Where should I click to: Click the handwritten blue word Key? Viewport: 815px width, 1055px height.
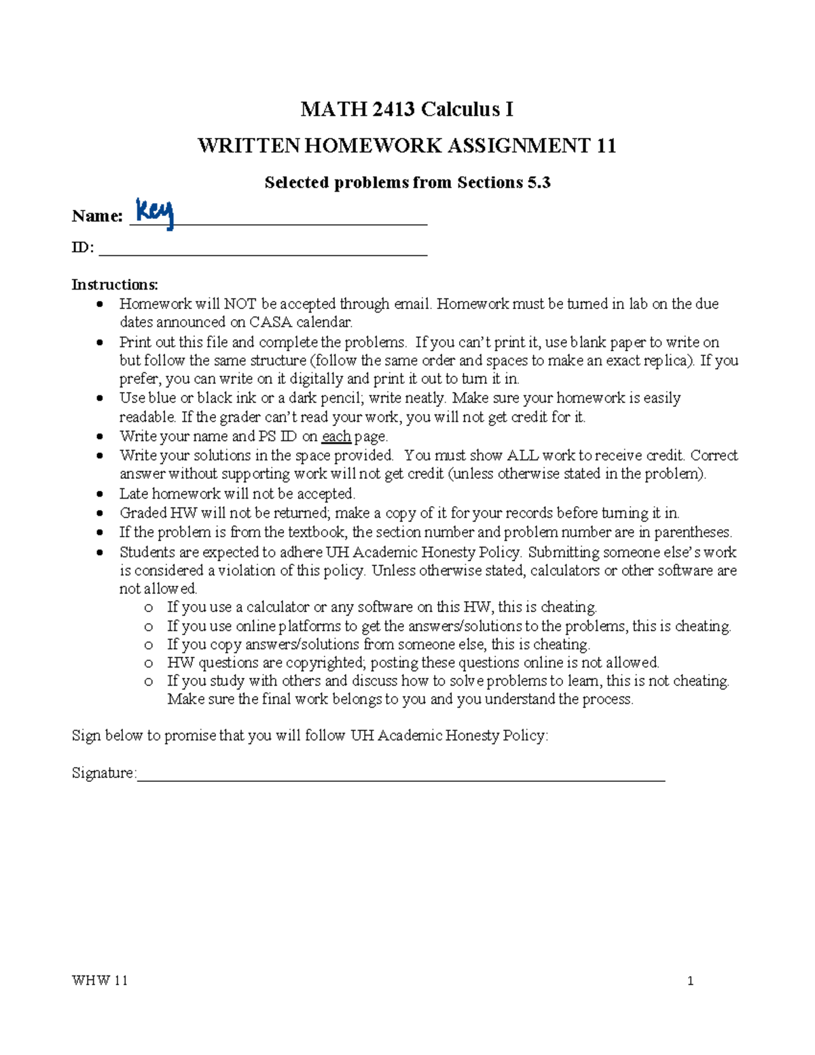click(x=155, y=213)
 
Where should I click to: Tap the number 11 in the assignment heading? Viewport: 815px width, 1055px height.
click(x=606, y=146)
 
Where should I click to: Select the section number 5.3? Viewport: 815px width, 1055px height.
click(x=537, y=183)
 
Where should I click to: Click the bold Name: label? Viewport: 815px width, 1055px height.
click(x=97, y=216)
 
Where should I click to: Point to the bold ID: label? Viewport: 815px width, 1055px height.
click(x=83, y=247)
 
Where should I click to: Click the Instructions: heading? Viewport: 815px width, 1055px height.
click(x=115, y=284)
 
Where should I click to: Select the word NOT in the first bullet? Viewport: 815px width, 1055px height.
click(x=240, y=304)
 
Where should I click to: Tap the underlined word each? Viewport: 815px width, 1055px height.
click(x=336, y=436)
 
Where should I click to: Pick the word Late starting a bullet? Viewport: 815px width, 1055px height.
click(x=134, y=494)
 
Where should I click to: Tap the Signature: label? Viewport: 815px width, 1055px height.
click(x=104, y=773)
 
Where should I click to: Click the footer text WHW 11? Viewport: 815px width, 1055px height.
click(x=100, y=980)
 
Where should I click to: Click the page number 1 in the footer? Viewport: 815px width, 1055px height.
click(x=691, y=980)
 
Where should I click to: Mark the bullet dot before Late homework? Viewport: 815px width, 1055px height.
click(x=101, y=495)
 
